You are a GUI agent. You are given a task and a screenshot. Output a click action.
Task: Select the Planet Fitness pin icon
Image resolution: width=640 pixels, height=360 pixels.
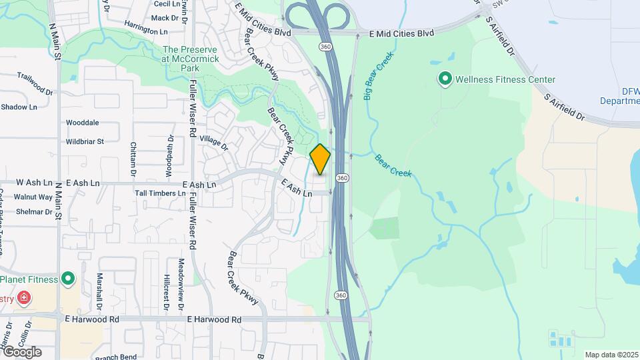click(x=67, y=279)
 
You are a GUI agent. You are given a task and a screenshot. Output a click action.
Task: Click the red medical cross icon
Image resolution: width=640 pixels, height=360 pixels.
click(x=25, y=297)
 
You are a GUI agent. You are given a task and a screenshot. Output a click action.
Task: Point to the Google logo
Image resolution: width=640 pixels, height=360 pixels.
click(x=21, y=352)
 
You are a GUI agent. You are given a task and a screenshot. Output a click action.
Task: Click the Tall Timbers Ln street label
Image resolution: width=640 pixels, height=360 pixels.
click(x=160, y=193)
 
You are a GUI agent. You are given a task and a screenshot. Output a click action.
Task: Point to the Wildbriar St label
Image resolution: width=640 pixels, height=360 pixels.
click(x=85, y=141)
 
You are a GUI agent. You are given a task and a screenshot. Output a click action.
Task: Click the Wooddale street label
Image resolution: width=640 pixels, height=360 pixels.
click(x=82, y=123)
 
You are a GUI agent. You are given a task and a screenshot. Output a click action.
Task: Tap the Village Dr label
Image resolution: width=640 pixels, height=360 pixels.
click(x=213, y=142)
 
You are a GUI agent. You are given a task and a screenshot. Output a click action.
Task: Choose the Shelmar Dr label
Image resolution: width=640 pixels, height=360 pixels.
click(x=33, y=212)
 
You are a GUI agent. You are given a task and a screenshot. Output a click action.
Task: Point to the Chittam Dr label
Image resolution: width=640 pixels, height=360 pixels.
click(x=133, y=159)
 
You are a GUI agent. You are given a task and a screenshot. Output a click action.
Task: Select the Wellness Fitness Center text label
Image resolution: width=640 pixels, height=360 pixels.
click(x=505, y=80)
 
